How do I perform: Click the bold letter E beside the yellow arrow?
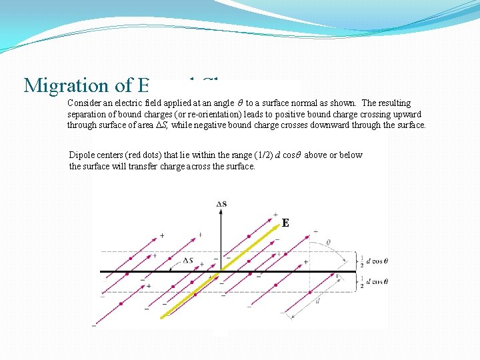(x=285, y=223)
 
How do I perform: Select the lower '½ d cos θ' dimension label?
(x=375, y=283)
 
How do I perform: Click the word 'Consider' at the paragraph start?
(x=85, y=103)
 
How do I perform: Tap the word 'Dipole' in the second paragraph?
(x=81, y=155)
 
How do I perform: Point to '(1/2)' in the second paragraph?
(x=263, y=155)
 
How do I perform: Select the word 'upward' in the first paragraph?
(x=407, y=114)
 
